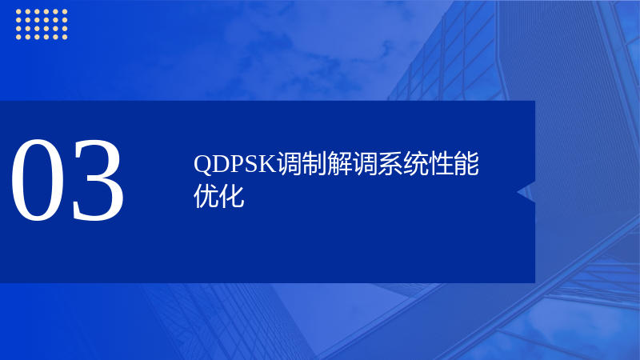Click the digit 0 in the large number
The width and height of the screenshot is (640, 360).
(x=38, y=180)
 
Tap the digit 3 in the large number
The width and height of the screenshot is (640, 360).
(x=98, y=180)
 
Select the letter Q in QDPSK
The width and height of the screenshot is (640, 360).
(x=203, y=164)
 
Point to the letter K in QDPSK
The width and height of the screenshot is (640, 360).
(x=267, y=164)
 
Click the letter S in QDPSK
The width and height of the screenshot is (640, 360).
(x=251, y=164)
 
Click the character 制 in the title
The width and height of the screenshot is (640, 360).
(x=314, y=164)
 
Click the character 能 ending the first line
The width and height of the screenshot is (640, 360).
(x=466, y=164)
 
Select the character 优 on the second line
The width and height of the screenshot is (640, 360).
(x=206, y=196)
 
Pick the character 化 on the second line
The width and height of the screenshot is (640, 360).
(x=231, y=196)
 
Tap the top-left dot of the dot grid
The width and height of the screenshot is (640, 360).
(x=18, y=11)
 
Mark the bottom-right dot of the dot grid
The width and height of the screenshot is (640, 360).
(x=65, y=37)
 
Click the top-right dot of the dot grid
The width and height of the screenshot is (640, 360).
(x=65, y=11)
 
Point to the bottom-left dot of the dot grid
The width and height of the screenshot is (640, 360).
(x=18, y=37)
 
